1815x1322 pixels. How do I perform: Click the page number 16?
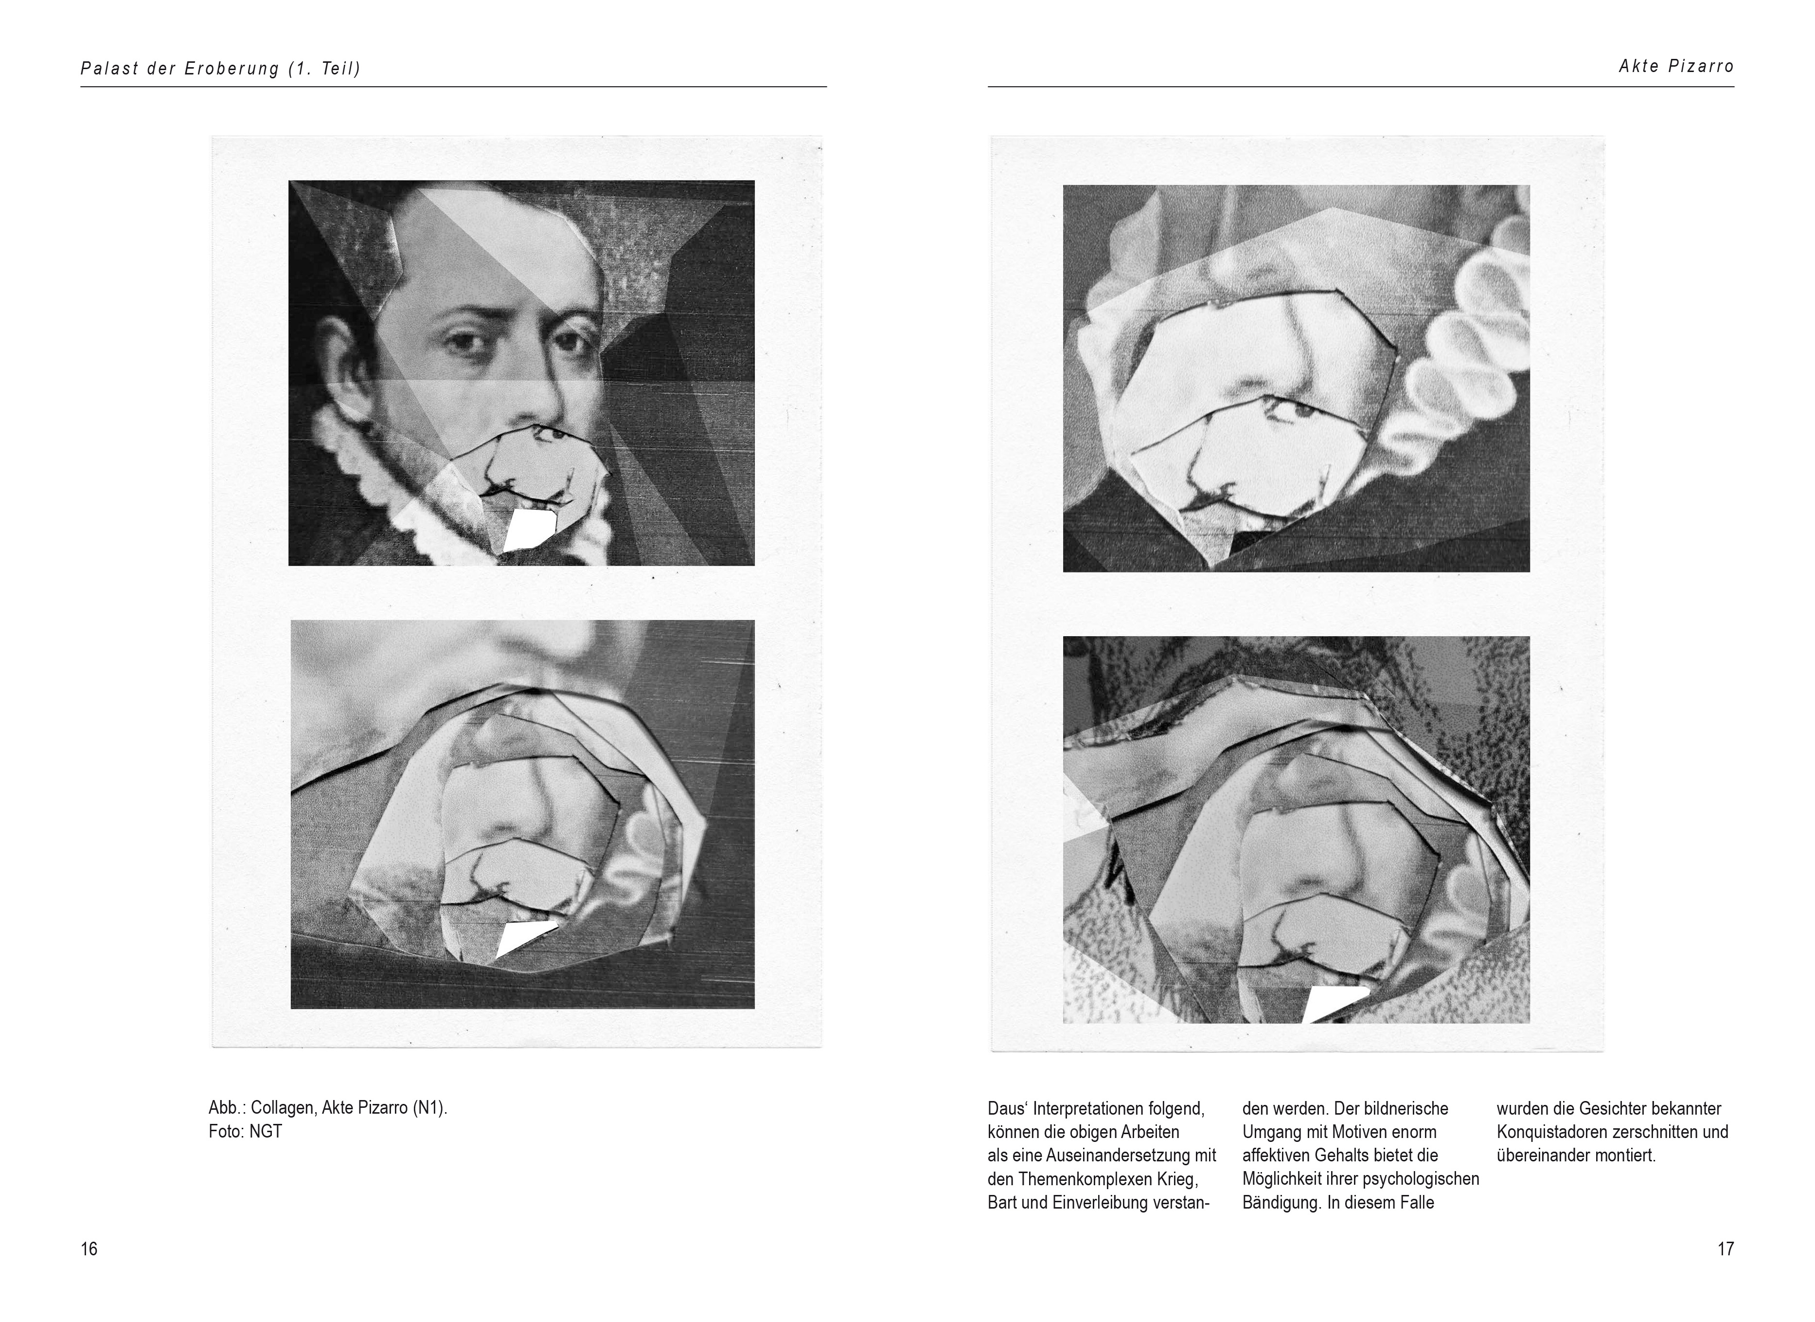pyautogui.click(x=89, y=1249)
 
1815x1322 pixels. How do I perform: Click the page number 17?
pyautogui.click(x=1726, y=1249)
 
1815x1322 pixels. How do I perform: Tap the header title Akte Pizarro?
pyautogui.click(x=1676, y=67)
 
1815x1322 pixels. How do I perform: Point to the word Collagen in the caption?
pyautogui.click(x=282, y=1108)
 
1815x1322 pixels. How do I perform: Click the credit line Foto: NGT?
pyautogui.click(x=245, y=1131)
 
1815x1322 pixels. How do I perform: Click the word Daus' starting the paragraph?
pyautogui.click(x=1008, y=1108)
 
